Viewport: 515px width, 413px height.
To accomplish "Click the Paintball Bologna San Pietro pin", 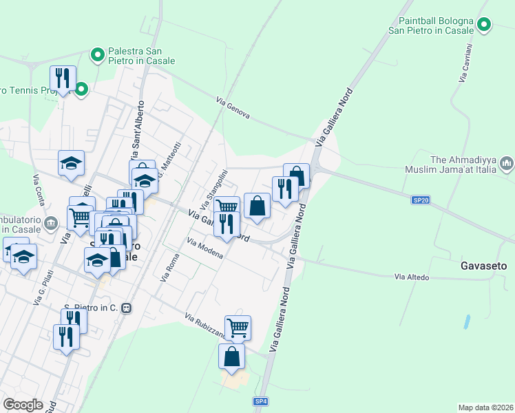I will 484,26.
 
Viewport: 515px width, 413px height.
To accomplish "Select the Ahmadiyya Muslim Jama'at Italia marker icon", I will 507,163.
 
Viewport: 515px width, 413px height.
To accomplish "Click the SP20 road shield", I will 421,200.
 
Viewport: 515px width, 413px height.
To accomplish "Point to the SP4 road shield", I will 260,401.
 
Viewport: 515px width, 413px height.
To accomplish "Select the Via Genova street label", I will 233,108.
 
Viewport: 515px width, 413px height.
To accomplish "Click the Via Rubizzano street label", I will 204,326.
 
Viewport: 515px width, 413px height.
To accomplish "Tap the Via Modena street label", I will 204,248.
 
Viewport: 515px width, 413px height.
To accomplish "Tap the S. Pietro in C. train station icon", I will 125,308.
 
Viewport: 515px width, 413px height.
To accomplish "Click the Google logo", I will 23,405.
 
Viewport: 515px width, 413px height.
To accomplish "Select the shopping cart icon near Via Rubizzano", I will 238,328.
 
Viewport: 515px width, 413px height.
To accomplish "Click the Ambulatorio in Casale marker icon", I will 50,223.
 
